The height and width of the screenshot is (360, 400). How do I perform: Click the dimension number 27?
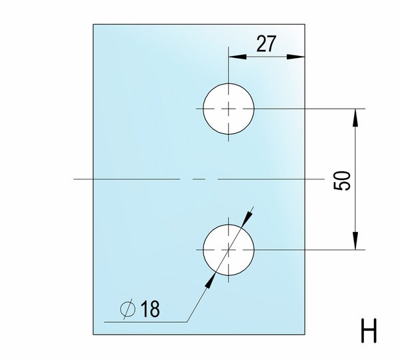(x=266, y=43)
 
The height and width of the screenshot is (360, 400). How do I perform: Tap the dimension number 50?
(x=342, y=181)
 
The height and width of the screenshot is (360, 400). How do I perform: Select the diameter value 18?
(x=150, y=309)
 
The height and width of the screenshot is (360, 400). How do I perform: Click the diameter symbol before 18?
(x=127, y=309)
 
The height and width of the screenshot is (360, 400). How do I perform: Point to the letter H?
(x=369, y=331)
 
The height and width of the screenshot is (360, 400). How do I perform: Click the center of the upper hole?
(x=229, y=109)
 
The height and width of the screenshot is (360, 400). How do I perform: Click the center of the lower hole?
(x=229, y=249)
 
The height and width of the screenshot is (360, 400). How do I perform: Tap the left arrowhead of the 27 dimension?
(x=237, y=57)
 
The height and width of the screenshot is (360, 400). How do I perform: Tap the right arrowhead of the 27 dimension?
(x=295, y=57)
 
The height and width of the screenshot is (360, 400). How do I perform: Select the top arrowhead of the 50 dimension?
(x=355, y=117)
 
